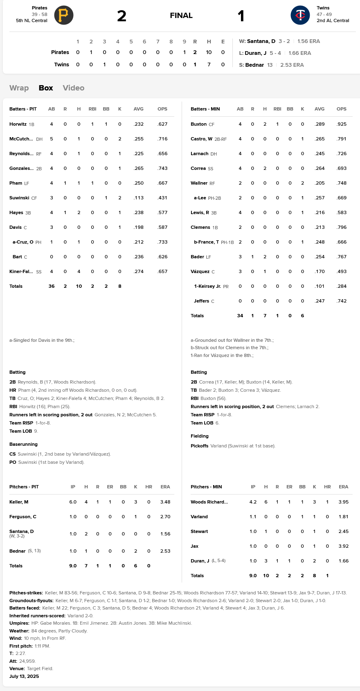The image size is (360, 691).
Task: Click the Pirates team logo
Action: coord(63,16)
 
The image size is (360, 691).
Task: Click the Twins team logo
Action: coord(300,16)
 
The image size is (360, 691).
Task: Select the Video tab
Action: coord(74,88)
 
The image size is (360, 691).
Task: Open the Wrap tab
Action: coord(19,88)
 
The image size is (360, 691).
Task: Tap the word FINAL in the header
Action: coord(181,16)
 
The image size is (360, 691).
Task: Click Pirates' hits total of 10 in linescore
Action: coord(209,52)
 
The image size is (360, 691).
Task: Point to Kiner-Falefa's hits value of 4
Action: coord(79,271)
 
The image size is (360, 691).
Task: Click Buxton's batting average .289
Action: coord(319,124)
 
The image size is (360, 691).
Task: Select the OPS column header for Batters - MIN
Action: coord(341,109)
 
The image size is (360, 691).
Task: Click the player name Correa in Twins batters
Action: coord(198,168)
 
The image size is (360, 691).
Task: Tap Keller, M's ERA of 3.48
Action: coord(165,502)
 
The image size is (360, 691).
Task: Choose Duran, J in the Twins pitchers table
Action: coord(200,561)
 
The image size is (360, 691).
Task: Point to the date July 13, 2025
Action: coord(24,676)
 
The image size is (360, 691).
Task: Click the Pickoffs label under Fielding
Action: coord(199,446)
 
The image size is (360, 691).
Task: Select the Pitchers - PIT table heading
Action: coord(24,487)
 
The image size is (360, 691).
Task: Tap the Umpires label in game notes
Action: coord(19,623)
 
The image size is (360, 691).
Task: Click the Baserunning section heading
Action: coord(23,444)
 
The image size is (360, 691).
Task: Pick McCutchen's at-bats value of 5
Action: coord(52,139)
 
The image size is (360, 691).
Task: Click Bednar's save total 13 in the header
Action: coord(270,65)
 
